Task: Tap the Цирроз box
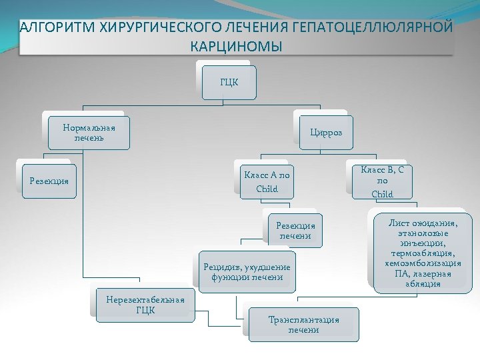(x=325, y=133)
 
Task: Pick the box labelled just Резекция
(x=49, y=181)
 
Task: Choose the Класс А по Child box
(x=267, y=181)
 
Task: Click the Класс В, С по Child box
(x=382, y=181)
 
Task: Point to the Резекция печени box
(x=295, y=230)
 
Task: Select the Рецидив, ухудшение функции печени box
(x=247, y=272)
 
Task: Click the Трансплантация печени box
(x=303, y=325)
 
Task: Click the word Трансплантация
(x=303, y=320)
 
